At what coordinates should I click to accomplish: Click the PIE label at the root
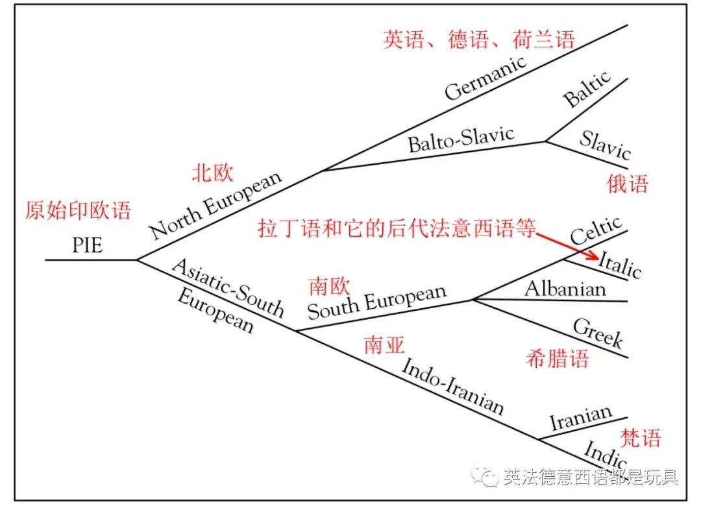point(87,246)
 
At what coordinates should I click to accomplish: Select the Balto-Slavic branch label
point(461,139)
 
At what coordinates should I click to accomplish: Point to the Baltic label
point(587,89)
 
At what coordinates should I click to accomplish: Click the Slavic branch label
point(605,145)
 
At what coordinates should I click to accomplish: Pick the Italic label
point(619,264)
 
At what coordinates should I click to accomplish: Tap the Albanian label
point(565,288)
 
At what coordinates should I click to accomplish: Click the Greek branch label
point(598,333)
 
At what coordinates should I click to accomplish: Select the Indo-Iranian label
point(452,386)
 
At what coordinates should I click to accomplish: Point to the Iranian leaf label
point(581,418)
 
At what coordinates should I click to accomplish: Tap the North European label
point(216,204)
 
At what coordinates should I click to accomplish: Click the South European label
point(377,301)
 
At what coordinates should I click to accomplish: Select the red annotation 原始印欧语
point(78,210)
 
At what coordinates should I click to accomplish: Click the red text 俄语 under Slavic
point(628,184)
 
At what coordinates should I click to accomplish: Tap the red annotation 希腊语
point(558,359)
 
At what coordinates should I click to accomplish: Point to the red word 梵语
point(640,437)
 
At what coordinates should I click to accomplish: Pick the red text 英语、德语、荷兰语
point(479,40)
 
